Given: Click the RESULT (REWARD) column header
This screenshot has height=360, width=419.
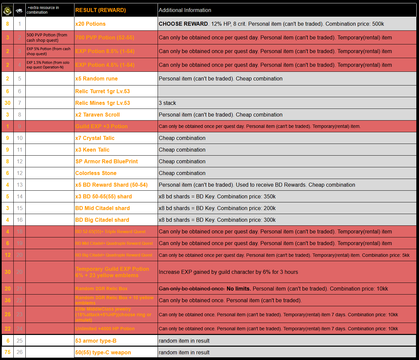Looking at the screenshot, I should tap(100, 10).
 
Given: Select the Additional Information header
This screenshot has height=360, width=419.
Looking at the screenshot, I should tap(185, 10).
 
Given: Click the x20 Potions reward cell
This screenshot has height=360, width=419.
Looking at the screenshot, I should tap(90, 24).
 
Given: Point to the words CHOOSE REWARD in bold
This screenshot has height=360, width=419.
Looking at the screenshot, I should tap(183, 24).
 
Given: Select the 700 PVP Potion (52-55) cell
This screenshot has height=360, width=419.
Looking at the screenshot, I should tap(105, 38).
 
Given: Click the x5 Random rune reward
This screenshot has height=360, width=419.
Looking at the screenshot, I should tap(96, 79).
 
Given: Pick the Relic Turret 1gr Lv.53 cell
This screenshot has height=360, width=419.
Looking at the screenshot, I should tap(102, 92).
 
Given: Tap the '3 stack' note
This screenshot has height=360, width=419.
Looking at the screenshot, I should tap(167, 103).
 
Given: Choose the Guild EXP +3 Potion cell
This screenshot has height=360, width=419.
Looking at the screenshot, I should tap(101, 127).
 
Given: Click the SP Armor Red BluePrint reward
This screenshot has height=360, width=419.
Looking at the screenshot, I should tap(107, 162).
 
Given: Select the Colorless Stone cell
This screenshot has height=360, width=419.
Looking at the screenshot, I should tap(96, 173).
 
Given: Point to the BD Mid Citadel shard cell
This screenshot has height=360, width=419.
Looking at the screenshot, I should tap(102, 208).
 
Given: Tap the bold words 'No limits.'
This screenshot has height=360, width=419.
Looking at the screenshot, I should tap(238, 289).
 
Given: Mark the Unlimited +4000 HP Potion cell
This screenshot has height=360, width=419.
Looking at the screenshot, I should tap(105, 329).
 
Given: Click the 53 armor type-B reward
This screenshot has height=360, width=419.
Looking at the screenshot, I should tap(96, 341).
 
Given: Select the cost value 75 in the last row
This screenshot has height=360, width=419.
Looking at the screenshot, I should tap(7, 352).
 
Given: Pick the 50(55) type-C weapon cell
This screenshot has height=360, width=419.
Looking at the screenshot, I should tap(103, 353).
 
